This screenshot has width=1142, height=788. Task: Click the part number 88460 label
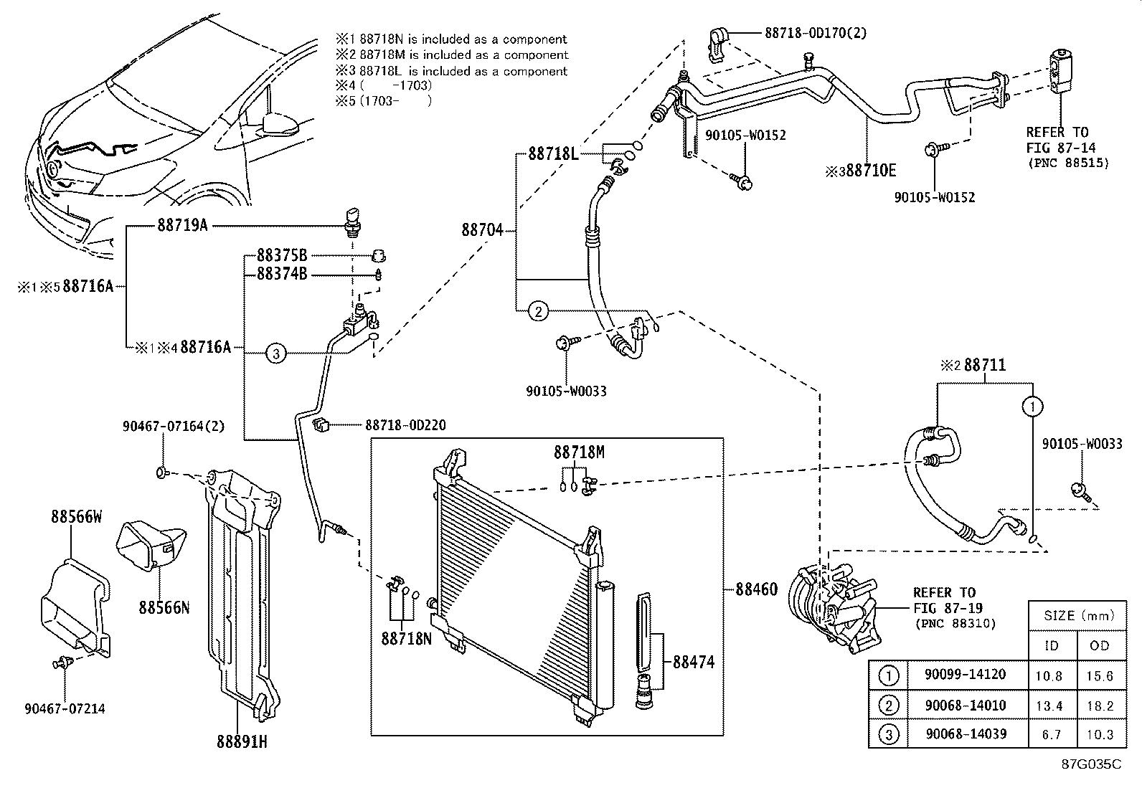[x=756, y=590]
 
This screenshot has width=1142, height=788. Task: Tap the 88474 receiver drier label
[x=694, y=663]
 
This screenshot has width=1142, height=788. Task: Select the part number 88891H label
[x=242, y=742]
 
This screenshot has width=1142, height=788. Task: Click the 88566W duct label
[x=76, y=516]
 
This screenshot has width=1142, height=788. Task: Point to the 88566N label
[x=164, y=607]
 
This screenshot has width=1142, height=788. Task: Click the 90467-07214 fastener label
[x=65, y=708]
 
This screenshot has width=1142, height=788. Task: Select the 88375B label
[x=282, y=255]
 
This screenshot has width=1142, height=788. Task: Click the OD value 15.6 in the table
[x=1099, y=675]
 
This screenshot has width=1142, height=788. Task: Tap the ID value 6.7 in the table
[x=1049, y=734]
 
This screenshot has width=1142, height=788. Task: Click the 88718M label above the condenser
[x=578, y=452]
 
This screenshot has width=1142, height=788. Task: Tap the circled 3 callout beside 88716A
[x=276, y=353]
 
